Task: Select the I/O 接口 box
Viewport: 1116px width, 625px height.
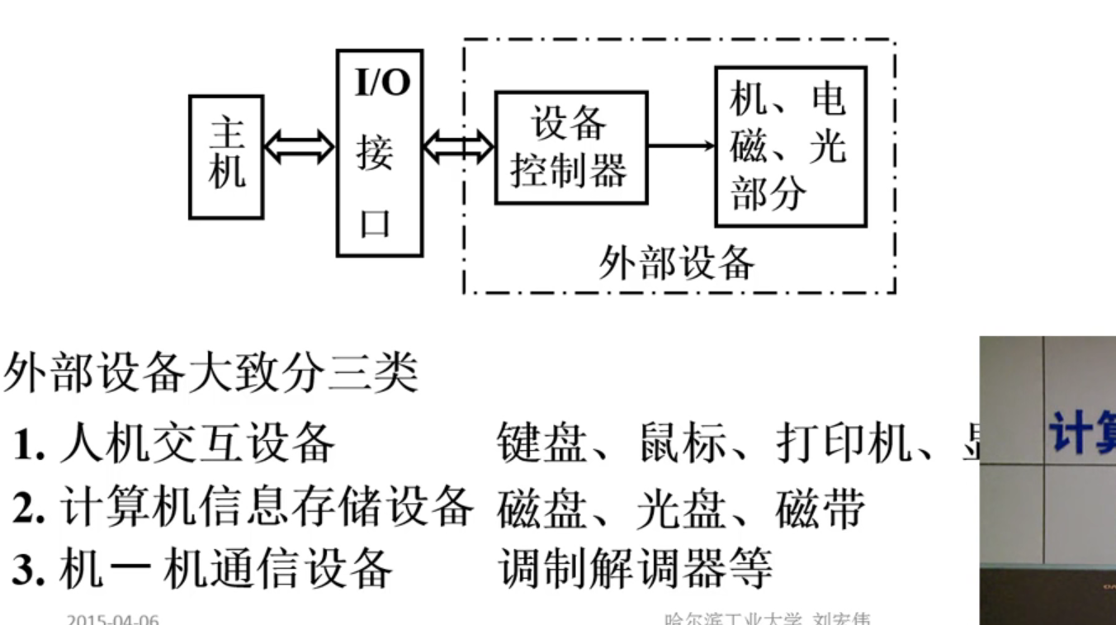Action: pos(380,154)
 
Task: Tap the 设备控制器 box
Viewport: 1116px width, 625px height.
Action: pos(570,148)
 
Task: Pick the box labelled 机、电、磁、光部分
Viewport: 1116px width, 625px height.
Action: pos(790,147)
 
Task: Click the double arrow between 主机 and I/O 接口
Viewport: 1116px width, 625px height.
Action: pos(299,148)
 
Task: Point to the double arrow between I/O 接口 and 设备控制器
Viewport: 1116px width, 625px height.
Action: pos(458,149)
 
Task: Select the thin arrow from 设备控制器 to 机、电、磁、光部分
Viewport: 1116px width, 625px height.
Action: pos(681,146)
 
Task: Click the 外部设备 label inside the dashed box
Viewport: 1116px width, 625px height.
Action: pos(676,263)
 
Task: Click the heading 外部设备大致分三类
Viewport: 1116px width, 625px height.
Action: pos(211,374)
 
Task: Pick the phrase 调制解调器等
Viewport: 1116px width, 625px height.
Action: pos(636,569)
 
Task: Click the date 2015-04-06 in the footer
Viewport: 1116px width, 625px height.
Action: pos(113,619)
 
